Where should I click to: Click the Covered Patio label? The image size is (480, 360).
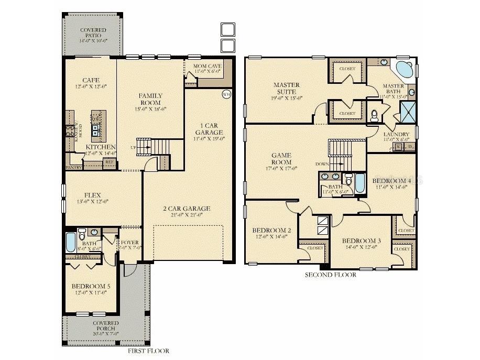coord(93,33)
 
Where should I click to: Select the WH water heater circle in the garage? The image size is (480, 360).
coord(227,94)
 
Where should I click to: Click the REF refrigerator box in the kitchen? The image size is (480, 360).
coord(110,162)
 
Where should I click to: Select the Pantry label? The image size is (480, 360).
coord(73,167)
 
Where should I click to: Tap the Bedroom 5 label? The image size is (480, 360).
coord(91,286)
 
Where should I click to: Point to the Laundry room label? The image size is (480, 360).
coord(397,134)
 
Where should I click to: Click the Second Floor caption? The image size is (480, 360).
coord(330,275)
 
